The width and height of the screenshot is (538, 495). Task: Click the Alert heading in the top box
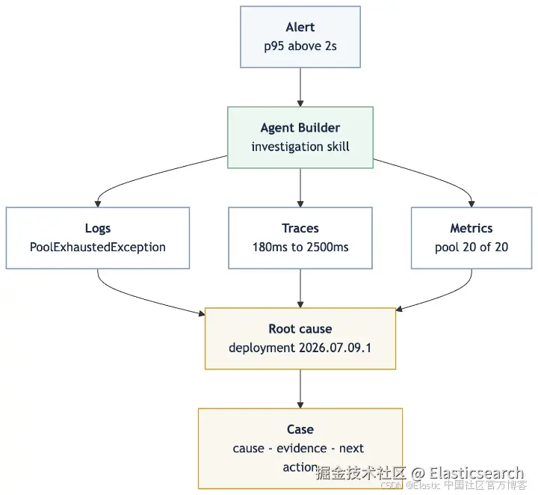pyautogui.click(x=300, y=27)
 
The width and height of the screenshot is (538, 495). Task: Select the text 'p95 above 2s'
pyautogui.click(x=300, y=46)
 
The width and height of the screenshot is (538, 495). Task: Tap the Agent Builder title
pyautogui.click(x=300, y=128)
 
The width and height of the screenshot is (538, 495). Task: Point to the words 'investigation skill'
pyautogui.click(x=300, y=147)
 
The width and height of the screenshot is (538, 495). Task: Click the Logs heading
pyautogui.click(x=98, y=228)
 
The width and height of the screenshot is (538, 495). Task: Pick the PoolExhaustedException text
pyautogui.click(x=98, y=248)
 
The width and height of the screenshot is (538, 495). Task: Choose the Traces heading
pyautogui.click(x=300, y=228)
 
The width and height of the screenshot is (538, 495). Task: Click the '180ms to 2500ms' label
pyautogui.click(x=300, y=248)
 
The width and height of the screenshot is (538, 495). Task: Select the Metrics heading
pyautogui.click(x=471, y=228)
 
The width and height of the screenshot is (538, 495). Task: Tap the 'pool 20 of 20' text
pyautogui.click(x=471, y=248)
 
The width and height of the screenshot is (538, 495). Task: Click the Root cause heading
pyautogui.click(x=300, y=329)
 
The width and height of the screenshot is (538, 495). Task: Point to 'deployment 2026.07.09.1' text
pyautogui.click(x=300, y=348)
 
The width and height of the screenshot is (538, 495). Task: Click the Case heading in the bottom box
pyautogui.click(x=300, y=429)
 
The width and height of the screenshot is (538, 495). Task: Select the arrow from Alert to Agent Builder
pyautogui.click(x=300, y=87)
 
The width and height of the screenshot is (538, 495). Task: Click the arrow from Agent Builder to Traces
pyautogui.click(x=300, y=188)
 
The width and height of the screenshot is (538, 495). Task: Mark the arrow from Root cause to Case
pyautogui.click(x=300, y=389)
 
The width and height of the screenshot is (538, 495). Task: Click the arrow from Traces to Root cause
pyautogui.click(x=300, y=289)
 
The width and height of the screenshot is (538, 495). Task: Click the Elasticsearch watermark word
pyautogui.click(x=476, y=473)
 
